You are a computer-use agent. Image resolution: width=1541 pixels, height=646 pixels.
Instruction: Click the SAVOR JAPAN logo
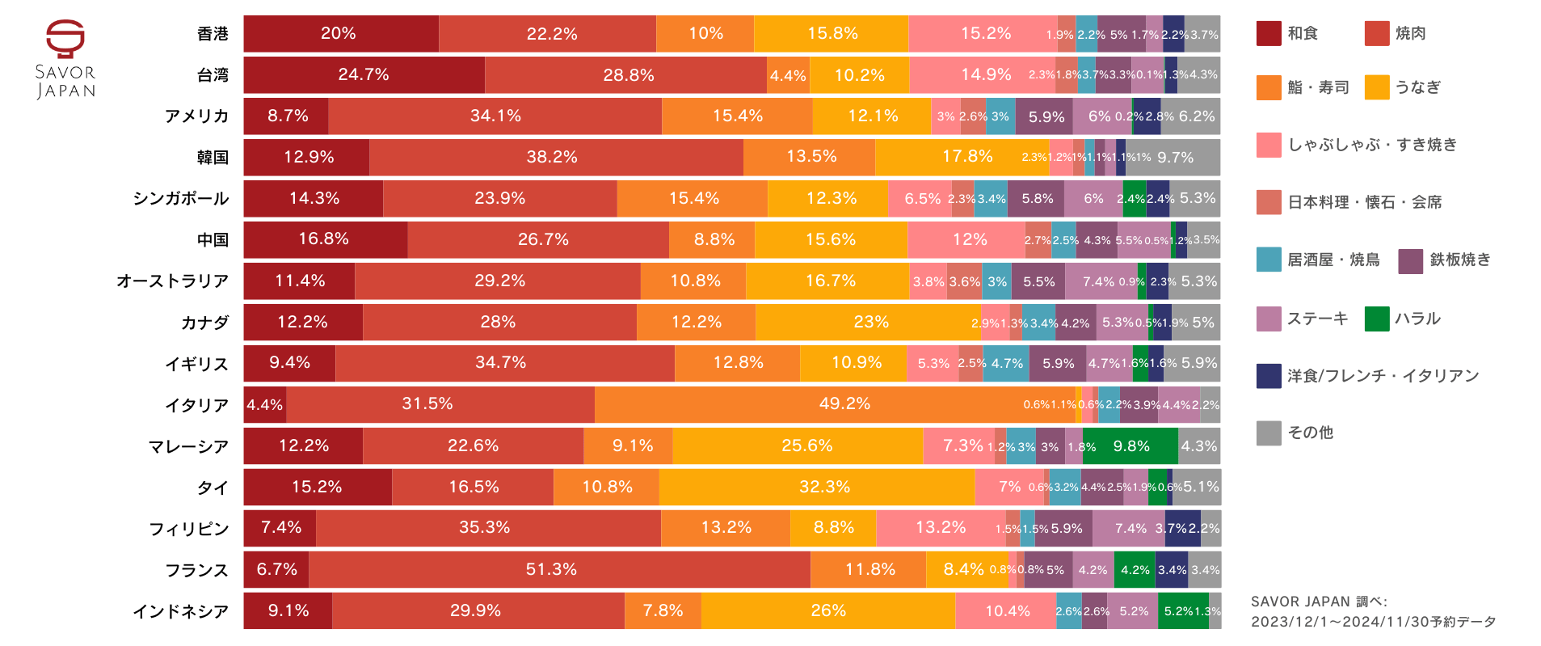tap(65, 59)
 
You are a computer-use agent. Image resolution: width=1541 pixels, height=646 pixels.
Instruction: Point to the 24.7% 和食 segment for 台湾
tap(364, 74)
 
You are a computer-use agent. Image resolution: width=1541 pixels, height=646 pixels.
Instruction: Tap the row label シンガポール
tap(181, 198)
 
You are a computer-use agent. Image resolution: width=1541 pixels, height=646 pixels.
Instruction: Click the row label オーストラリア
tap(172, 281)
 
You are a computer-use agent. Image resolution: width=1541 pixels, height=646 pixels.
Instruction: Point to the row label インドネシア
tap(181, 611)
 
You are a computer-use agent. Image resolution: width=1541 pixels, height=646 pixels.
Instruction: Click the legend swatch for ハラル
tap(1376, 319)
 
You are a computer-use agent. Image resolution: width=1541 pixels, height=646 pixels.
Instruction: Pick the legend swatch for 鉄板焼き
tap(1410, 261)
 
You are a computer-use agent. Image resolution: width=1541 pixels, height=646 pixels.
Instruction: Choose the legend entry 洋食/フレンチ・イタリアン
tap(1383, 376)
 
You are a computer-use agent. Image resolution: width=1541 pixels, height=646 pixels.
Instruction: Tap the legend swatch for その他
tap(1269, 433)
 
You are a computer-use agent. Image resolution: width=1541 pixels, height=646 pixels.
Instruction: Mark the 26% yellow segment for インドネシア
tap(827, 610)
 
